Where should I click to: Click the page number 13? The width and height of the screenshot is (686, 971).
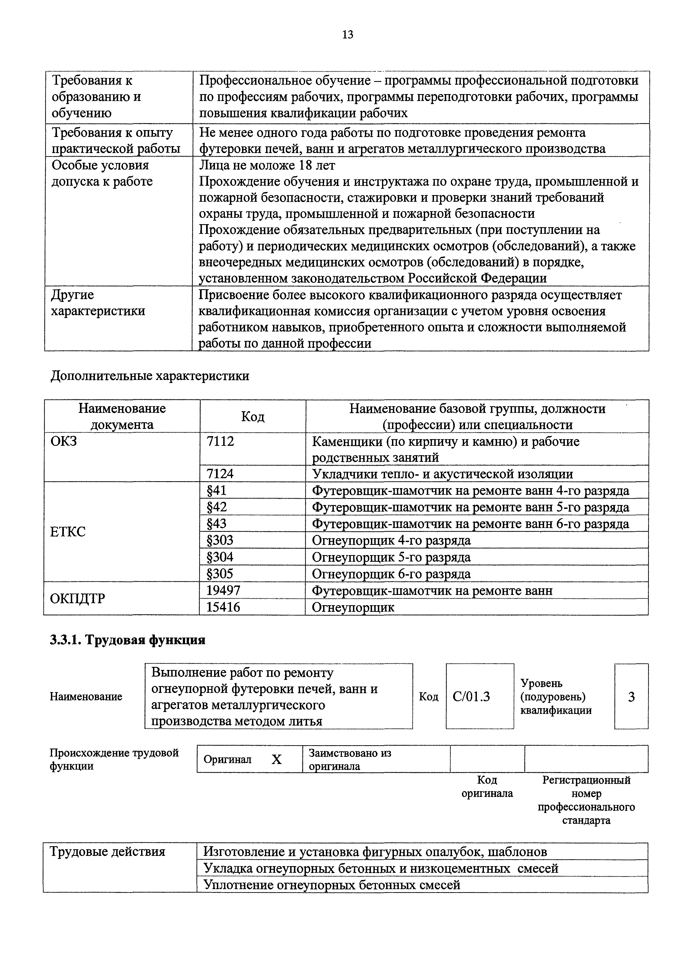(347, 35)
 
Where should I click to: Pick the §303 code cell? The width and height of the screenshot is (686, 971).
(220, 540)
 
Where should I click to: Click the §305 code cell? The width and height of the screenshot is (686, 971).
(220, 573)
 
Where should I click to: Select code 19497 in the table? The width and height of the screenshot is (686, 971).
(223, 590)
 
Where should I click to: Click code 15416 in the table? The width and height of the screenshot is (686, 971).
(223, 607)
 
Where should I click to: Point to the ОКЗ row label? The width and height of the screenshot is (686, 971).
(64, 442)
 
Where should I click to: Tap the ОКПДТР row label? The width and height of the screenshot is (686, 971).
(77, 599)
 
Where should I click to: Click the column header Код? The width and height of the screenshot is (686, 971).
(253, 416)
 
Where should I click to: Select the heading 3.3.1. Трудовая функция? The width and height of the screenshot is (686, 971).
(128, 640)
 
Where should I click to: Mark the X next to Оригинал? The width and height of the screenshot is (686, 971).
(276, 760)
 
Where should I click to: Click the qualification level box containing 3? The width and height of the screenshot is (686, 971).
(631, 696)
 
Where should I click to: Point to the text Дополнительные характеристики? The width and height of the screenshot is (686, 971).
(150, 376)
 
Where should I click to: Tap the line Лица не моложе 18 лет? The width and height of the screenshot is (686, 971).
(267, 165)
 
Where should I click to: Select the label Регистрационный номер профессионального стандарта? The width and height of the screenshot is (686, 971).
(586, 800)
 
